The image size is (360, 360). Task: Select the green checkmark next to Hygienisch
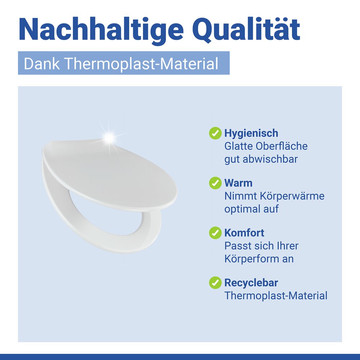[x=215, y=133]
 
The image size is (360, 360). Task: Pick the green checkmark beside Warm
[x=215, y=183]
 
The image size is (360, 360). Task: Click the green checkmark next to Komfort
[x=215, y=233]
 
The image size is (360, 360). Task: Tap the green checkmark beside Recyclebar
[x=215, y=283]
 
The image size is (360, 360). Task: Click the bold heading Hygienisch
[x=251, y=133]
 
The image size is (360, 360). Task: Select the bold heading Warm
[x=238, y=183]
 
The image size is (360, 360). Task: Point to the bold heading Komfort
[x=244, y=233]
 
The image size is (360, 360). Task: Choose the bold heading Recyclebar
[x=251, y=283]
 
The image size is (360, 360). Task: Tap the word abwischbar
[x=270, y=159]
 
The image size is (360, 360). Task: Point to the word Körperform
[x=252, y=259]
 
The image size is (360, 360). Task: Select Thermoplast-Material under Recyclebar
[x=276, y=296]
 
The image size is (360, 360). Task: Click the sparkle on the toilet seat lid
[x=108, y=137]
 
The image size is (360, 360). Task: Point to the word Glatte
[x=239, y=146]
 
